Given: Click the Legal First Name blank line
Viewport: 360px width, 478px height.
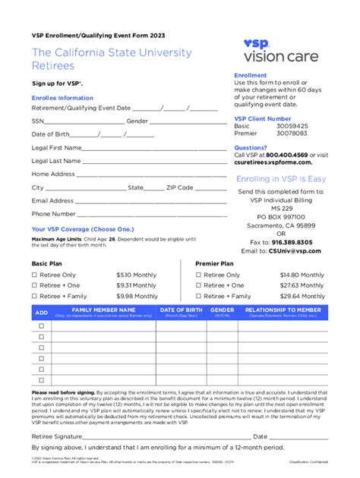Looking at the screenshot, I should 144,149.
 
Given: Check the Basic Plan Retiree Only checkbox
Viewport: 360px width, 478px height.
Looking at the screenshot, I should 34,275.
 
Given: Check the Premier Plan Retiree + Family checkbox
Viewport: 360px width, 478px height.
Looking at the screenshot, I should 199,296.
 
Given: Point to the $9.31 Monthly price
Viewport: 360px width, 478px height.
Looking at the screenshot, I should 137,285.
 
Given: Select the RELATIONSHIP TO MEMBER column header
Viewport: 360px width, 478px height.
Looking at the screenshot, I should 283,311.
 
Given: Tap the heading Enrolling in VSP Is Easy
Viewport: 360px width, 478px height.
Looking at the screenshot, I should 280,179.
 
